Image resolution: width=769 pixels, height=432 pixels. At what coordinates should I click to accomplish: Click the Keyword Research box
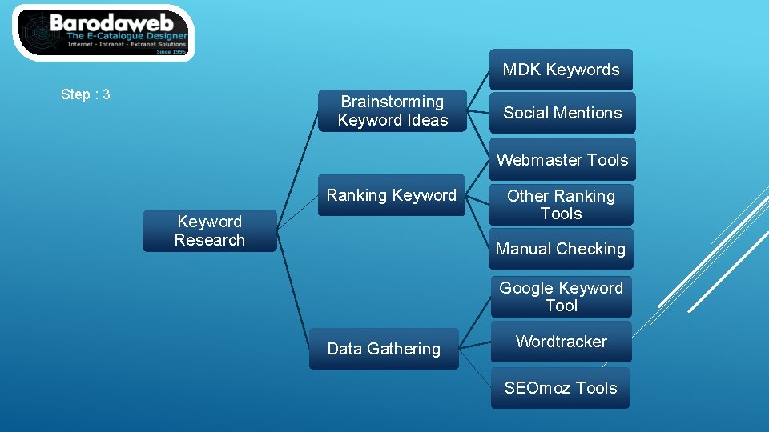point(209,231)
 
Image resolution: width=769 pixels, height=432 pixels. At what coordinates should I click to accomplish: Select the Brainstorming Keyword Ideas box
point(392,111)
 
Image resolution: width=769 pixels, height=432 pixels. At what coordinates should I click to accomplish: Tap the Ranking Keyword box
point(392,195)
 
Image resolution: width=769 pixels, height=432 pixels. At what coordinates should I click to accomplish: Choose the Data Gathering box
point(384,349)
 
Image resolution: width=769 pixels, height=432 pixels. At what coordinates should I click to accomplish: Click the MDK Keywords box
point(561,70)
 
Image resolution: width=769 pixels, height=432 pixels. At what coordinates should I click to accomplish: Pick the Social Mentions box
point(562,113)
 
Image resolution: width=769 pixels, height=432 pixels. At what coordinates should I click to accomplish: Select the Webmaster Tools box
point(562,160)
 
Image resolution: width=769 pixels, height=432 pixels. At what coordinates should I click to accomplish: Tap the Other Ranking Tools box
point(561,205)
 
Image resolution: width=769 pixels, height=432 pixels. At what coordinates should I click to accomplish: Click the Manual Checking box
point(561,249)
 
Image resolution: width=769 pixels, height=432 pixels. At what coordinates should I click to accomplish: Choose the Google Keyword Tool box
point(561,297)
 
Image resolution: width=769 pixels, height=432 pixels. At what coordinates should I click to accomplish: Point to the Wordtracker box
point(561,342)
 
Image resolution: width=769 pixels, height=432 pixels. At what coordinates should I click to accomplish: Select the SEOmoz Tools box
point(560,388)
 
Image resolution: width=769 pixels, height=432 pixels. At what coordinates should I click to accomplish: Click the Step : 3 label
point(86,94)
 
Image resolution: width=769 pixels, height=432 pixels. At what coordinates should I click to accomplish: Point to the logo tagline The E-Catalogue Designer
point(127,37)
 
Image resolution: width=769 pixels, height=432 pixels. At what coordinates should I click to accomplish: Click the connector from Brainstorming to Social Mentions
point(478,112)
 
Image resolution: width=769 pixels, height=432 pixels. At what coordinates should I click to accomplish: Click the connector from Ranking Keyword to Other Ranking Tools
point(478,199)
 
